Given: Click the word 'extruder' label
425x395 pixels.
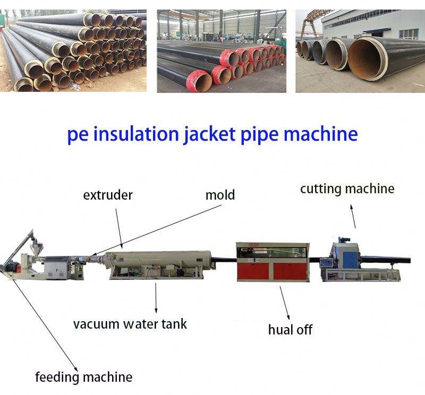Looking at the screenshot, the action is tap(108, 195).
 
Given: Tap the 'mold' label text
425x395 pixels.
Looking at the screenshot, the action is tap(220, 195).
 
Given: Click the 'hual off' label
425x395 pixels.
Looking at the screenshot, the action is tap(290, 329).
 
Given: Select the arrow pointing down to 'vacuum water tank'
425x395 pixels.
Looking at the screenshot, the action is tap(156, 297).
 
